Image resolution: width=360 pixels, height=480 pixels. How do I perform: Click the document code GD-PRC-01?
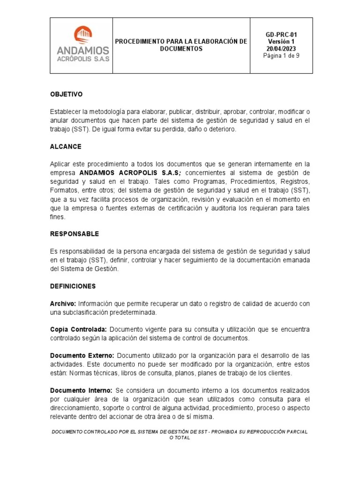[281, 35]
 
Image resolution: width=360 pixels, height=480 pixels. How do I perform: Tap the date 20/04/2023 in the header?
[281, 49]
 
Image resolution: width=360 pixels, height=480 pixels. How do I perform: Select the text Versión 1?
[281, 42]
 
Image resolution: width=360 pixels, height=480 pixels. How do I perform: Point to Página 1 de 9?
[281, 56]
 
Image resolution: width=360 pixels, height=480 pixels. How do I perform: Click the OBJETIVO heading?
[66, 94]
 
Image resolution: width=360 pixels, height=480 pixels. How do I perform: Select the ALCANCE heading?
[66, 147]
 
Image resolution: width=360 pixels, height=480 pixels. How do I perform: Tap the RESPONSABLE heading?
[75, 233]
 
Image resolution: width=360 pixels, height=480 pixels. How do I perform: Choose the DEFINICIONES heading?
[73, 286]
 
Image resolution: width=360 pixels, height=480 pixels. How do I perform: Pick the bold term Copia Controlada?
[79, 330]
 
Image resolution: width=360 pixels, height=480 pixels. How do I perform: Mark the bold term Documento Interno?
[81, 390]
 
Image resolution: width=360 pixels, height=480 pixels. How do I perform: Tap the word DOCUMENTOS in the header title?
[181, 49]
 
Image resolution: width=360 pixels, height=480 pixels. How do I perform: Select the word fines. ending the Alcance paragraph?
[58, 217]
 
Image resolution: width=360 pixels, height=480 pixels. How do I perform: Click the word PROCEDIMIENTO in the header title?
[146, 42]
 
